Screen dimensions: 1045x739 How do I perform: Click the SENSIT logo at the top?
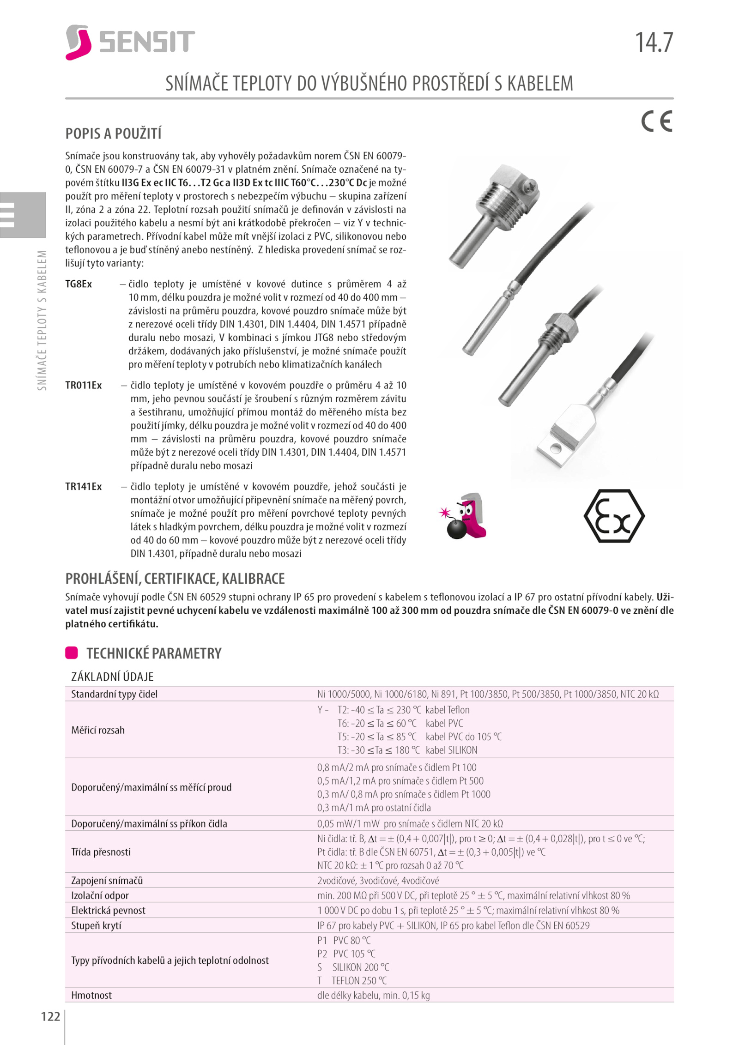point(130,42)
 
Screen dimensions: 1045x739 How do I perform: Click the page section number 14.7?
point(654,42)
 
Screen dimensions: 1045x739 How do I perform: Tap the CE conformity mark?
point(656,121)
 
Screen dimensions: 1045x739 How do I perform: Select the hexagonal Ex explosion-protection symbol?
point(614,516)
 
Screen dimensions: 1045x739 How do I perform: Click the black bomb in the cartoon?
point(456,529)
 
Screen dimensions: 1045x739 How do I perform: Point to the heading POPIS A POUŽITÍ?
point(113,133)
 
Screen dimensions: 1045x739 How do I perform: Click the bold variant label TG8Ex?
point(79,284)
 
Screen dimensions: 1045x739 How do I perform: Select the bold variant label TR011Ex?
point(83,385)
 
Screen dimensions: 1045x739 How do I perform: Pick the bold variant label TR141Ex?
point(83,486)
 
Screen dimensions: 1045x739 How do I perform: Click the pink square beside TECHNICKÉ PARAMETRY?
point(72,652)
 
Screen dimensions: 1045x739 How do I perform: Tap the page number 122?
point(50,1016)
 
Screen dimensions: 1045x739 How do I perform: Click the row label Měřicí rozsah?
point(98,730)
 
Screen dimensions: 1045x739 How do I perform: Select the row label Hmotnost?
point(91,995)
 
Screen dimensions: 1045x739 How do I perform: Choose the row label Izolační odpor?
point(100,895)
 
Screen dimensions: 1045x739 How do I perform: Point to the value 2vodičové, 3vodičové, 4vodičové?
point(378,881)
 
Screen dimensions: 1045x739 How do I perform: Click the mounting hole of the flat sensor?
point(556,447)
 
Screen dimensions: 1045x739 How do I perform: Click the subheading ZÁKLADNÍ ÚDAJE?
point(112,677)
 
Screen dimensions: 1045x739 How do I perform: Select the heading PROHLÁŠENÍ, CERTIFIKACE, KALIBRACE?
point(175,579)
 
